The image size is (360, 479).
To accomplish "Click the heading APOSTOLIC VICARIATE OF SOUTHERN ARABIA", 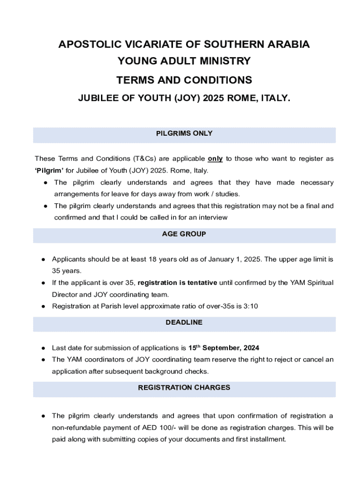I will [x=184, y=44].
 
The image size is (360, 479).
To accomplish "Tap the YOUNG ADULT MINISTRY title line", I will [x=184, y=61].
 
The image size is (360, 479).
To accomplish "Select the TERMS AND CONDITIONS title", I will [x=184, y=80].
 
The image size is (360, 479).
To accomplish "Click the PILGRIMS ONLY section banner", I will [x=184, y=133].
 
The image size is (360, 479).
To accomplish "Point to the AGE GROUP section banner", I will [x=184, y=234].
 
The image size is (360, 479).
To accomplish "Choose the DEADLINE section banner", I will [x=184, y=322].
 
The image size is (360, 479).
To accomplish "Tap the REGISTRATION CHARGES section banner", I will [x=184, y=387].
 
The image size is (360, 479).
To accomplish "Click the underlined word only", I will [x=215, y=159].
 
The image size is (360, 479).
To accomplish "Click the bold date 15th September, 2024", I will [x=223, y=348].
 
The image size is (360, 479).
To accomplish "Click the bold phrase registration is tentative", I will [x=177, y=283].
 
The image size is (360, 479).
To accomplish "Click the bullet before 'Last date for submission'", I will [x=43, y=348].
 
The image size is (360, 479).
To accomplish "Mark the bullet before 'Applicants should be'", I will [x=43, y=260].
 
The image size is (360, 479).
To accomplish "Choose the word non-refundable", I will [x=75, y=428].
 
